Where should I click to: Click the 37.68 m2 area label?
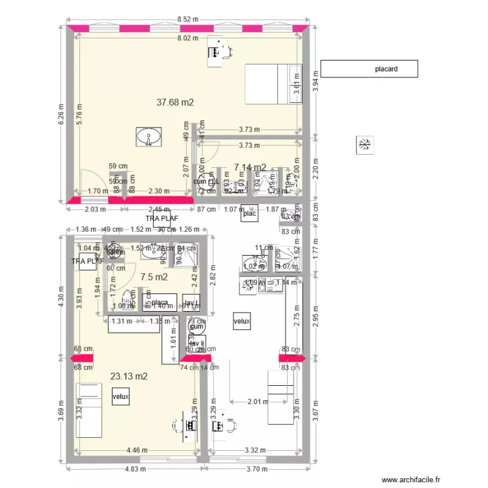tap(176, 102)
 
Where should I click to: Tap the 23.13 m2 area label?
tap(129, 376)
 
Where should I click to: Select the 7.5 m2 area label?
tap(154, 277)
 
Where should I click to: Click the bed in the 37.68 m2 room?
tap(273, 84)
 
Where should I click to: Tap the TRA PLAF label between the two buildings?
tap(162, 219)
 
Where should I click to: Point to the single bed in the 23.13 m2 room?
tap(90, 410)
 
